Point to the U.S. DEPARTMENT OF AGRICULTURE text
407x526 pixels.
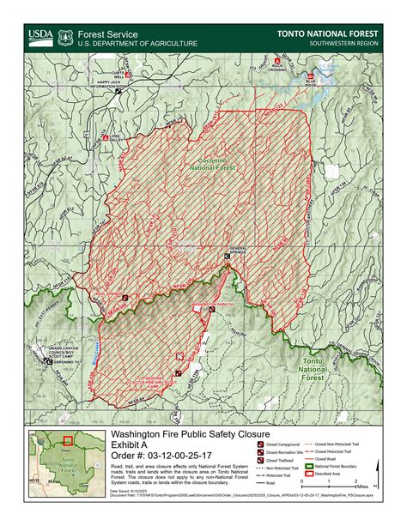(137, 44)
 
